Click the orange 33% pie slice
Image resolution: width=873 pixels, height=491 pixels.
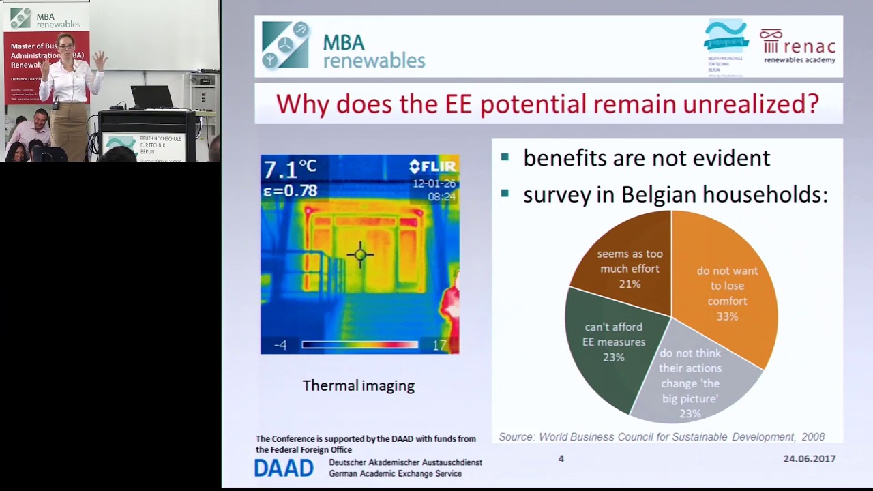730,293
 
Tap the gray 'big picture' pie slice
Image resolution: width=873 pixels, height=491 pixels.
689,382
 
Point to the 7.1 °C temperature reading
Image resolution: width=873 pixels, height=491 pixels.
290,168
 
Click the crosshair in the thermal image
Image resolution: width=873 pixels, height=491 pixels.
360,255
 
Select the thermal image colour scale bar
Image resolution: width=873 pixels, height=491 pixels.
359,345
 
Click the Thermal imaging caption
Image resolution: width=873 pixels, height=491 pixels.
358,385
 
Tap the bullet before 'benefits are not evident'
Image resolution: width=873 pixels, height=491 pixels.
505,158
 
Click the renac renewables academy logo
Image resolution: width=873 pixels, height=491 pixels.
798,46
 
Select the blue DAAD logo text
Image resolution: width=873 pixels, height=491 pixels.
284,468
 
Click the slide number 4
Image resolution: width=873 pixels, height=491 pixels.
561,459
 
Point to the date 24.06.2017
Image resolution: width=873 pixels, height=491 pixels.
809,459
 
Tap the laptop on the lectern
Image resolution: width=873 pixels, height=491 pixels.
151,97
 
